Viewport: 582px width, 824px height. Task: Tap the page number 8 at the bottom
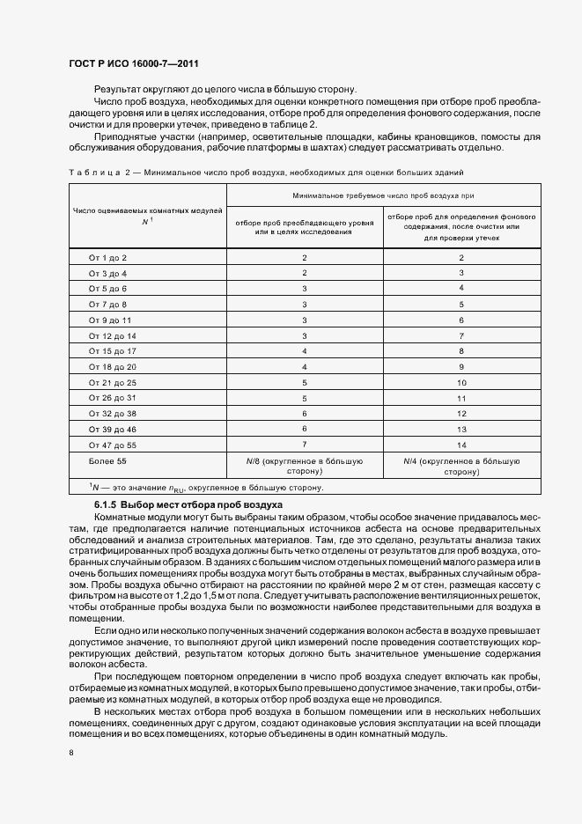coord(70,754)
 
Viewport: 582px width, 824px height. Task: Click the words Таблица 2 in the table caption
coord(98,172)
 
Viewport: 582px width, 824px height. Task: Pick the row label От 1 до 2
coord(107,257)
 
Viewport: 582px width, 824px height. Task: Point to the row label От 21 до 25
coord(113,383)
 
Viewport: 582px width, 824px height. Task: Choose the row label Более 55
coord(108,460)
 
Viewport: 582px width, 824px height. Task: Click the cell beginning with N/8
coord(304,466)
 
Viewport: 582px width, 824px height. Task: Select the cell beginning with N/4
coord(460,466)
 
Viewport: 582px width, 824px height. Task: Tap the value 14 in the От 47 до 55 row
coord(460,445)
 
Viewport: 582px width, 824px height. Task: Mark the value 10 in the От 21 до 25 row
coord(460,383)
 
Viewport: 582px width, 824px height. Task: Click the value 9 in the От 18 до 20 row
coord(460,367)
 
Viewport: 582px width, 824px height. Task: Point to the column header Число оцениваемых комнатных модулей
coord(147,216)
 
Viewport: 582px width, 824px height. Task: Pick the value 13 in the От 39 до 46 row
coord(460,430)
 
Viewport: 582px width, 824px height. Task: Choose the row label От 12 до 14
coord(113,335)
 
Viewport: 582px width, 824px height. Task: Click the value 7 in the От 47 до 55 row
coord(304,445)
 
